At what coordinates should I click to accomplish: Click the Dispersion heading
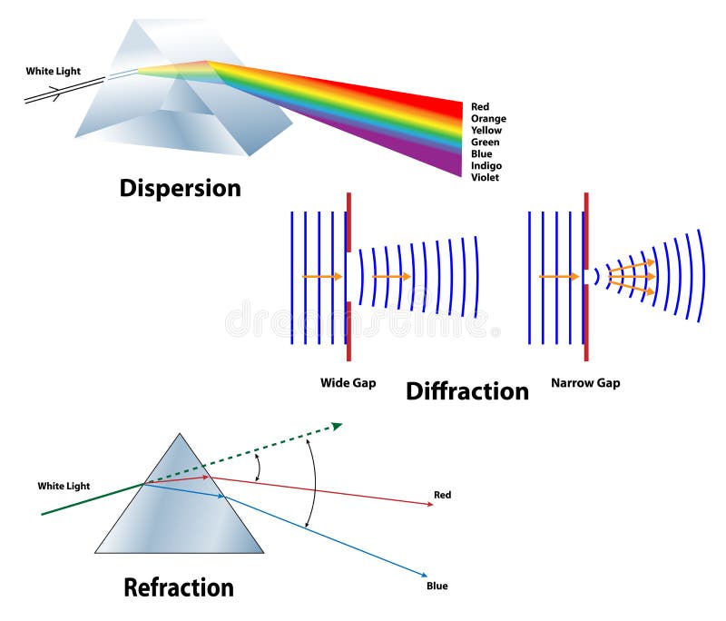coord(181,188)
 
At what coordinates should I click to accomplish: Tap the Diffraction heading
coord(466,391)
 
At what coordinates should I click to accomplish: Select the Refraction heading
coord(179,587)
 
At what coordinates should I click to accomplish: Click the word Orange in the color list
coord(488,119)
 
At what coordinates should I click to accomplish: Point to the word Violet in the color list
coord(485,178)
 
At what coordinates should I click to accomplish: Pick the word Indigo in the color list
coord(486,166)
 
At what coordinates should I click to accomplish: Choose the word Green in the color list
coord(485,143)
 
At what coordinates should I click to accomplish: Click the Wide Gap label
coord(348,383)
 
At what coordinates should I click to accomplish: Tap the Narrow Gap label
coord(585,383)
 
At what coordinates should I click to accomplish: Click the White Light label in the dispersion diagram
coord(53,71)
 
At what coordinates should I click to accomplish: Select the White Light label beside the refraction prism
coord(64,487)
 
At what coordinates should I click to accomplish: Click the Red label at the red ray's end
coord(442,496)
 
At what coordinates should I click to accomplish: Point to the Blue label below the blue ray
coord(437,586)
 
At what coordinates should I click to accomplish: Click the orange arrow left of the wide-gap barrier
coord(321,276)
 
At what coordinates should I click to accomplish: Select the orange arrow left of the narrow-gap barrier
coord(557,276)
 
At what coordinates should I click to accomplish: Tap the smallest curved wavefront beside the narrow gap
coord(597,276)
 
